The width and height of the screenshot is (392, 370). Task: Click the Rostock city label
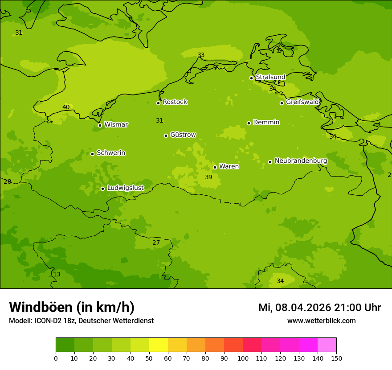tap(175, 102)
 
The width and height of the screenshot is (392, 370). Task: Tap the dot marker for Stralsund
tap(251, 78)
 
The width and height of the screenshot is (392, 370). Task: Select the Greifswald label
tap(302, 102)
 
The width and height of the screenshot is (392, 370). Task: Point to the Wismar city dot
tap(100, 125)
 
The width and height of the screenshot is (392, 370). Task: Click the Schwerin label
tap(111, 153)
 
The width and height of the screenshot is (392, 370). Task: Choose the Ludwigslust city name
tap(125, 188)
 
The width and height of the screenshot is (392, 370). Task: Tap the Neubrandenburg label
tap(301, 161)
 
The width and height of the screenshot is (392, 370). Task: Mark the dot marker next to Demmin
tap(249, 123)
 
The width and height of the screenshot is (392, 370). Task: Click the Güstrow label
tap(183, 135)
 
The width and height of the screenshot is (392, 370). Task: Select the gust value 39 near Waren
tap(208, 177)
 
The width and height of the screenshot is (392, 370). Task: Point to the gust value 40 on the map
tap(66, 107)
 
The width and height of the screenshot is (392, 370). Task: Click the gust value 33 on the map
tap(201, 55)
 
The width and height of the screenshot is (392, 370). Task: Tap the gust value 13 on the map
tap(57, 275)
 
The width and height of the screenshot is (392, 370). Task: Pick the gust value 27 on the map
tap(156, 243)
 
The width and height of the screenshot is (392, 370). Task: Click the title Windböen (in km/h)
tap(72, 307)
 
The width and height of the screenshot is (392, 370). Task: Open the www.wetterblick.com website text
tap(321, 321)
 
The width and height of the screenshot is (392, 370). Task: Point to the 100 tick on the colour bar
tap(243, 358)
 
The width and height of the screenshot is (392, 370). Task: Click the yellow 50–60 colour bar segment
tap(159, 345)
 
